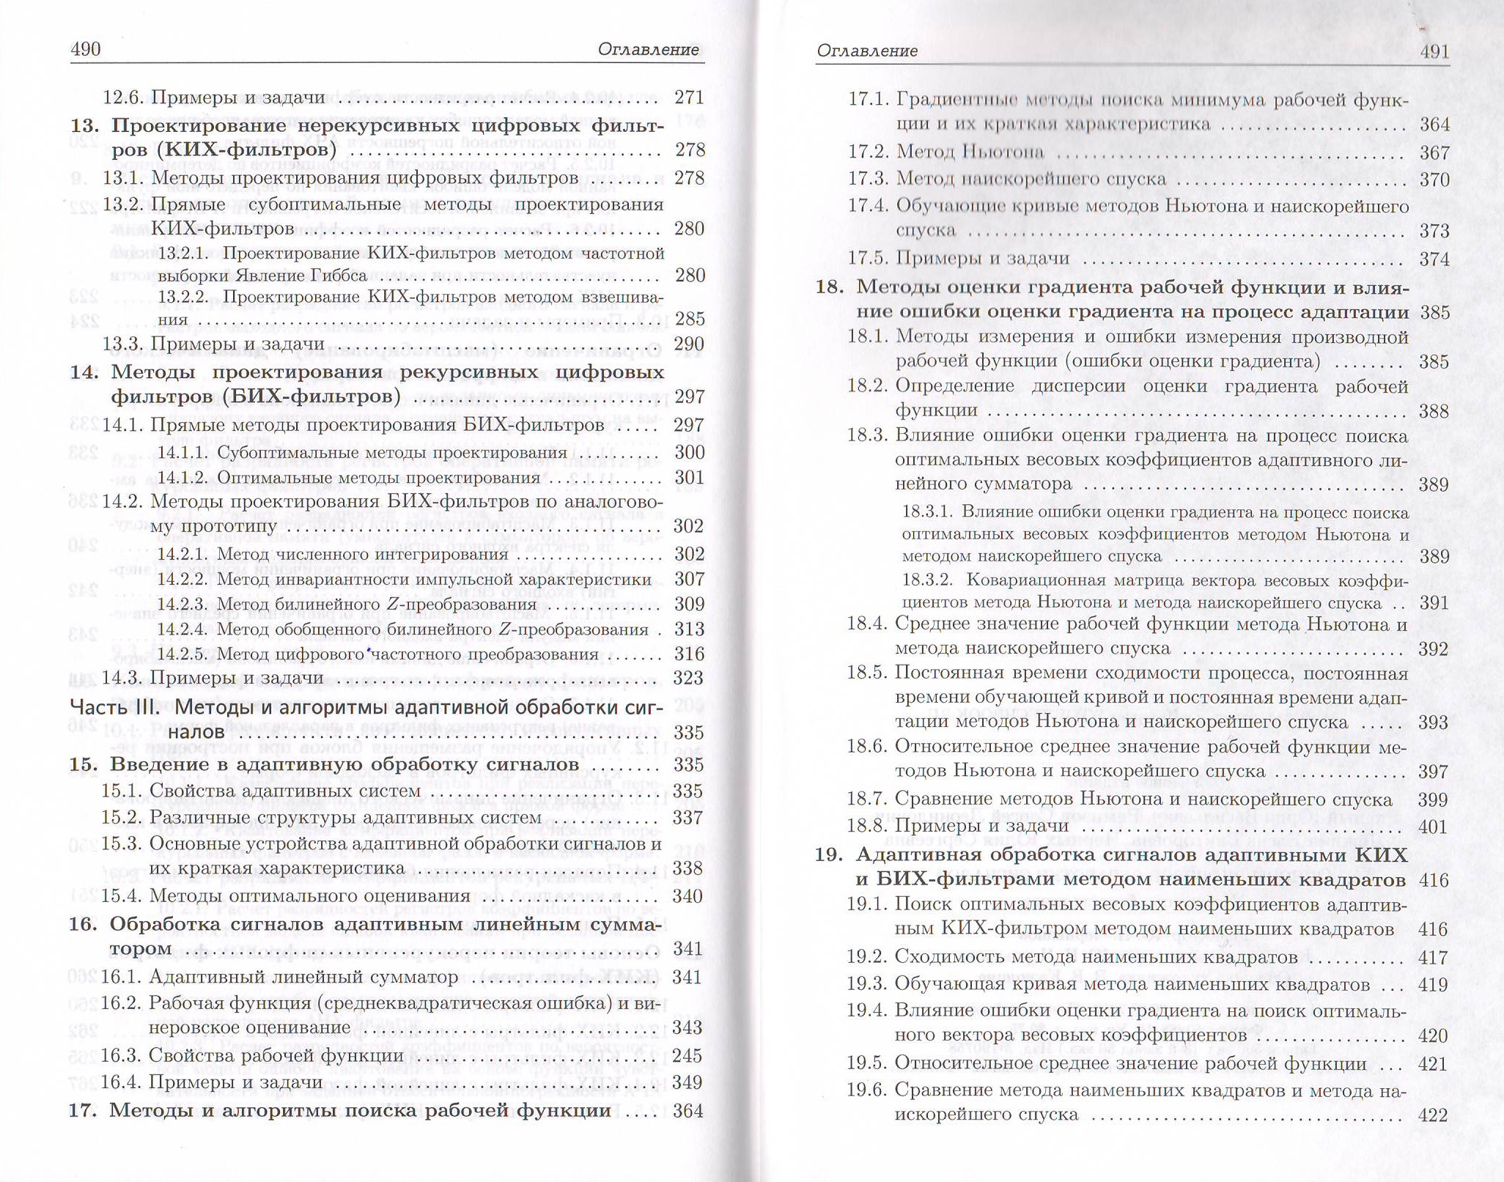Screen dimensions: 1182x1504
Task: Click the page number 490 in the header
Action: click(x=85, y=49)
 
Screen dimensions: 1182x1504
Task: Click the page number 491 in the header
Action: click(x=1434, y=51)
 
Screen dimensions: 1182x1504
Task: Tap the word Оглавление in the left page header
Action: click(x=648, y=49)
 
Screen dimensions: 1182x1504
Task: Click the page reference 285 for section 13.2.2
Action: click(x=689, y=319)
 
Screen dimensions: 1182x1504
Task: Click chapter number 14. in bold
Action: click(x=84, y=372)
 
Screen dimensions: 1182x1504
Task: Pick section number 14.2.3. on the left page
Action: click(x=183, y=605)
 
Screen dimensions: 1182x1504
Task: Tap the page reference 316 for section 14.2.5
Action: click(x=689, y=654)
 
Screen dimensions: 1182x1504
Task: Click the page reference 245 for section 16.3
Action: click(x=688, y=1055)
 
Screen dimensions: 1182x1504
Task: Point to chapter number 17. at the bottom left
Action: click(x=83, y=1111)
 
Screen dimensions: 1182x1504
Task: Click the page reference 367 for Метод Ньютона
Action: click(x=1434, y=153)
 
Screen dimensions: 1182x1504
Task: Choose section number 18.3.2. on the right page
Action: click(x=926, y=580)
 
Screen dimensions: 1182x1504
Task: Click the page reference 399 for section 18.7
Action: click(x=1432, y=799)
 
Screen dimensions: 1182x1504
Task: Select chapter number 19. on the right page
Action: click(x=830, y=855)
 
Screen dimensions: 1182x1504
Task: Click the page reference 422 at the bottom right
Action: click(x=1434, y=1115)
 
